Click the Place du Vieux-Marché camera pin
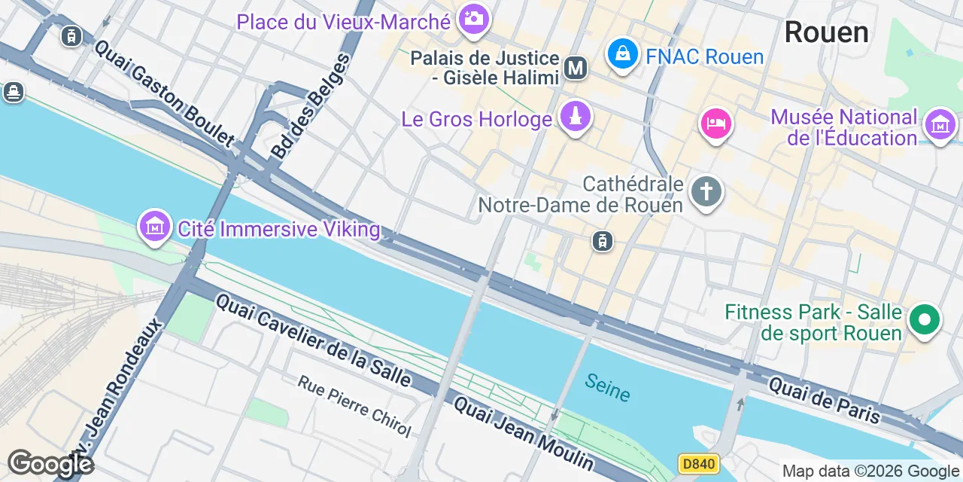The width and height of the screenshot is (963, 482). coord(473,19)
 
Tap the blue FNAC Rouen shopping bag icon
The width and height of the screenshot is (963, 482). coord(623,54)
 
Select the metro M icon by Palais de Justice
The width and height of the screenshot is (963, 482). coord(576,68)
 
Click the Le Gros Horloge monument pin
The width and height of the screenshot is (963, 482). coord(576,117)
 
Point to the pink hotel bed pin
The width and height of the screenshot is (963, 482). coord(715,123)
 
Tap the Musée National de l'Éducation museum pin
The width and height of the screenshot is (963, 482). coord(940,124)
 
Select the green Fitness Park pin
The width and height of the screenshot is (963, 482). coord(925,320)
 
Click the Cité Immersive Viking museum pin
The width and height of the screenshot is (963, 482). coord(154,225)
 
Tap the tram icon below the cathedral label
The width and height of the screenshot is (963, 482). coord(602,241)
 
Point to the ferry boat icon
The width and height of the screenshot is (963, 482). coord(13,93)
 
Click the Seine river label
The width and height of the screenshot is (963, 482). coord(607,387)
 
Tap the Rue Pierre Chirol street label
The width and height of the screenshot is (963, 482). coord(354,406)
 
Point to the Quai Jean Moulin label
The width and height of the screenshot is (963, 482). coord(524,433)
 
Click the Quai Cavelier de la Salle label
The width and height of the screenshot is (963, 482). coord(313,340)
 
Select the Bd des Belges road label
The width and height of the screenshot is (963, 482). coord(311,107)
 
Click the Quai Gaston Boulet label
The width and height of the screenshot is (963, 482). coord(164,92)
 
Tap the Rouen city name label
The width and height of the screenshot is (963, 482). coord(826,32)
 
